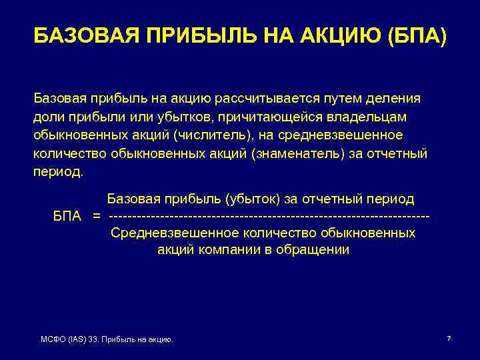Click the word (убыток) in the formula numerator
(253, 199)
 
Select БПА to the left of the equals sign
(67, 217)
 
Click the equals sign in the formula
(97, 217)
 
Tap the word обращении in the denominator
(315, 251)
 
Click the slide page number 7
(449, 339)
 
